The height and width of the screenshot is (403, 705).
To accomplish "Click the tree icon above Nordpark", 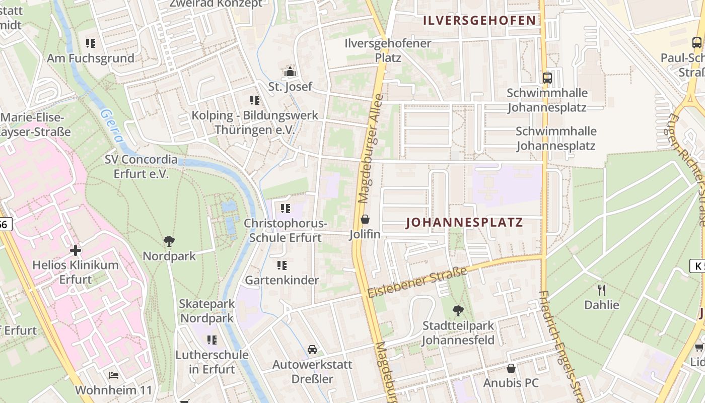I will (169, 241).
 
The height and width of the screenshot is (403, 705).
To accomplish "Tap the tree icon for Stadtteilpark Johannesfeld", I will (458, 311).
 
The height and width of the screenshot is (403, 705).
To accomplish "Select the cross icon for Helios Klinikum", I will (76, 250).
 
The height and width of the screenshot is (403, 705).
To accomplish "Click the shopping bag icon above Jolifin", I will (365, 219).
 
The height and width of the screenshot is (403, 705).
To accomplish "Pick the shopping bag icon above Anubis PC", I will (511, 368).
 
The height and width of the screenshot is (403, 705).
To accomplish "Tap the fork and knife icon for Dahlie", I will (601, 290).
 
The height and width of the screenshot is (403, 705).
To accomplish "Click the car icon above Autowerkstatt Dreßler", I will (312, 349).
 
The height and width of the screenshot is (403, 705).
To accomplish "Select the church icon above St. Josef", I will (290, 72).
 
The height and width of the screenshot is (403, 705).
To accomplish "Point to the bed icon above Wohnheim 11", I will (114, 375).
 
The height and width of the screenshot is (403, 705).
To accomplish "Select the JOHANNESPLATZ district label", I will (464, 223).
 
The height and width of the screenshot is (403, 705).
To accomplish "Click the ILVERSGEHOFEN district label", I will (479, 21).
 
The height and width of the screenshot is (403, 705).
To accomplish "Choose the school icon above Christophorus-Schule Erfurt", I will (286, 208).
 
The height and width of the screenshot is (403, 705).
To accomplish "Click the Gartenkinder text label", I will (282, 280).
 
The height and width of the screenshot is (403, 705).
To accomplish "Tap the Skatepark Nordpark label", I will (207, 311).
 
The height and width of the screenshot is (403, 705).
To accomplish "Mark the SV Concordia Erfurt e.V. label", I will (141, 167).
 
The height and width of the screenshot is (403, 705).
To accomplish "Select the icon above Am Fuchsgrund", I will (91, 43).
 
